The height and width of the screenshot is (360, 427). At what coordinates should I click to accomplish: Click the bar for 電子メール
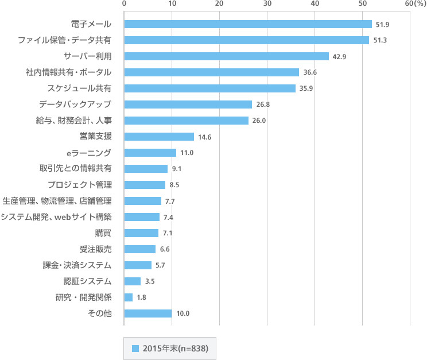click(x=248, y=24)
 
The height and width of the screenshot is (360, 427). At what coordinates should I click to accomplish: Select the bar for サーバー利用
click(x=227, y=56)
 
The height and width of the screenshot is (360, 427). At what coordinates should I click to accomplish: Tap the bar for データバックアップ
click(x=188, y=104)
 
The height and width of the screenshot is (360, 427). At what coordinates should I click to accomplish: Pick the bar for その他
click(x=148, y=313)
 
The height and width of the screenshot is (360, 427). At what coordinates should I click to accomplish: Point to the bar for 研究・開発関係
click(x=129, y=297)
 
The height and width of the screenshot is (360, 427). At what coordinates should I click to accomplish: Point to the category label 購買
click(x=103, y=233)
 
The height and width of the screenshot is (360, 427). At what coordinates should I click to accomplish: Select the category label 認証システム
click(x=87, y=281)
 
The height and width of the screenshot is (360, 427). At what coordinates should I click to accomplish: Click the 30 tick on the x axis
click(x=267, y=4)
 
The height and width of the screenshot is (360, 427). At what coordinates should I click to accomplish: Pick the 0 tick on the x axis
click(x=125, y=4)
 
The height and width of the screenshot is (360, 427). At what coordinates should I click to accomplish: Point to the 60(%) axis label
click(x=415, y=4)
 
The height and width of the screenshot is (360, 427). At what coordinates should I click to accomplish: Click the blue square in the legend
click(x=135, y=348)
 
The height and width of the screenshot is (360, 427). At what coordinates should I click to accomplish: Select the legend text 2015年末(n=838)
click(x=175, y=348)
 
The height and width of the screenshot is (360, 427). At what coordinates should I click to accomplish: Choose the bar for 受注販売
click(x=140, y=249)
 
